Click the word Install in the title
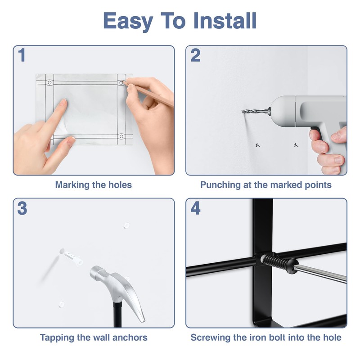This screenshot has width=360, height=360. (x=225, y=21)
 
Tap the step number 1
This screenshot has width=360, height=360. (x=22, y=55)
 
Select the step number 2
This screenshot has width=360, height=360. (x=195, y=55)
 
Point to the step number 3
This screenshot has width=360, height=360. (x=22, y=208)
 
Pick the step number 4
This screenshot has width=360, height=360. (x=195, y=208)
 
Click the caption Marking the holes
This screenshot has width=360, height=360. (x=94, y=185)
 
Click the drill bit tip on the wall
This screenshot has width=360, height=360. (x=243, y=112)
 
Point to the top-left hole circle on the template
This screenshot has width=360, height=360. (x=49, y=82)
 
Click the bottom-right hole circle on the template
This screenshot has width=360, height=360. (x=121, y=136)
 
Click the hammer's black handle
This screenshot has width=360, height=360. (x=117, y=314)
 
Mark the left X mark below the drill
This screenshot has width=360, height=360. (x=257, y=145)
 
